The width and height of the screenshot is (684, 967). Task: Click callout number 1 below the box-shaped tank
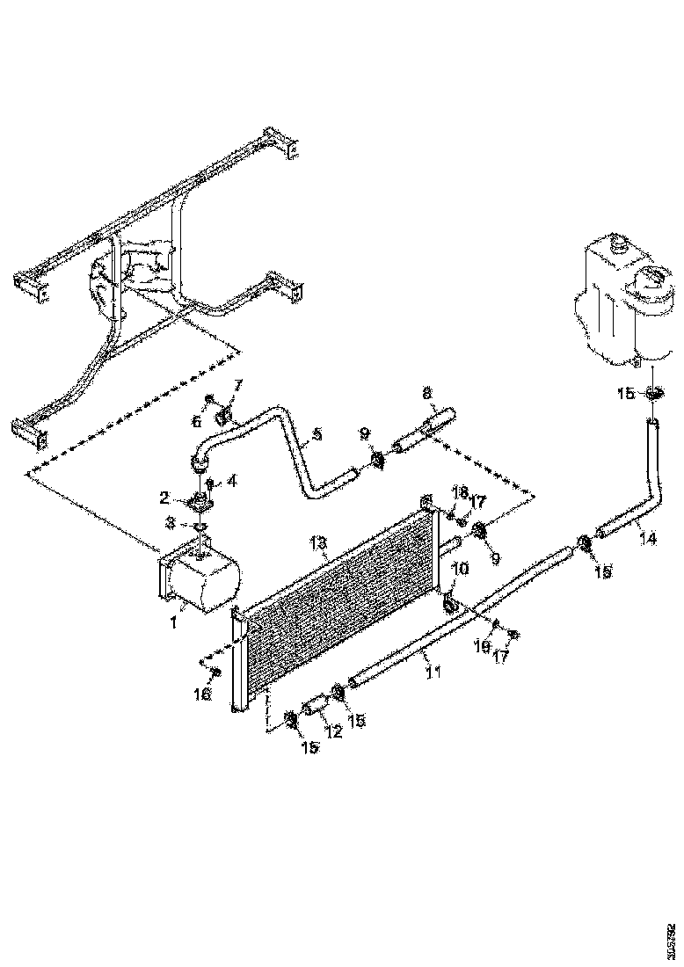174,622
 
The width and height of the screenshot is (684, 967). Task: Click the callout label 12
334,731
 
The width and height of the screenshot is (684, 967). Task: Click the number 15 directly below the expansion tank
625,395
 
